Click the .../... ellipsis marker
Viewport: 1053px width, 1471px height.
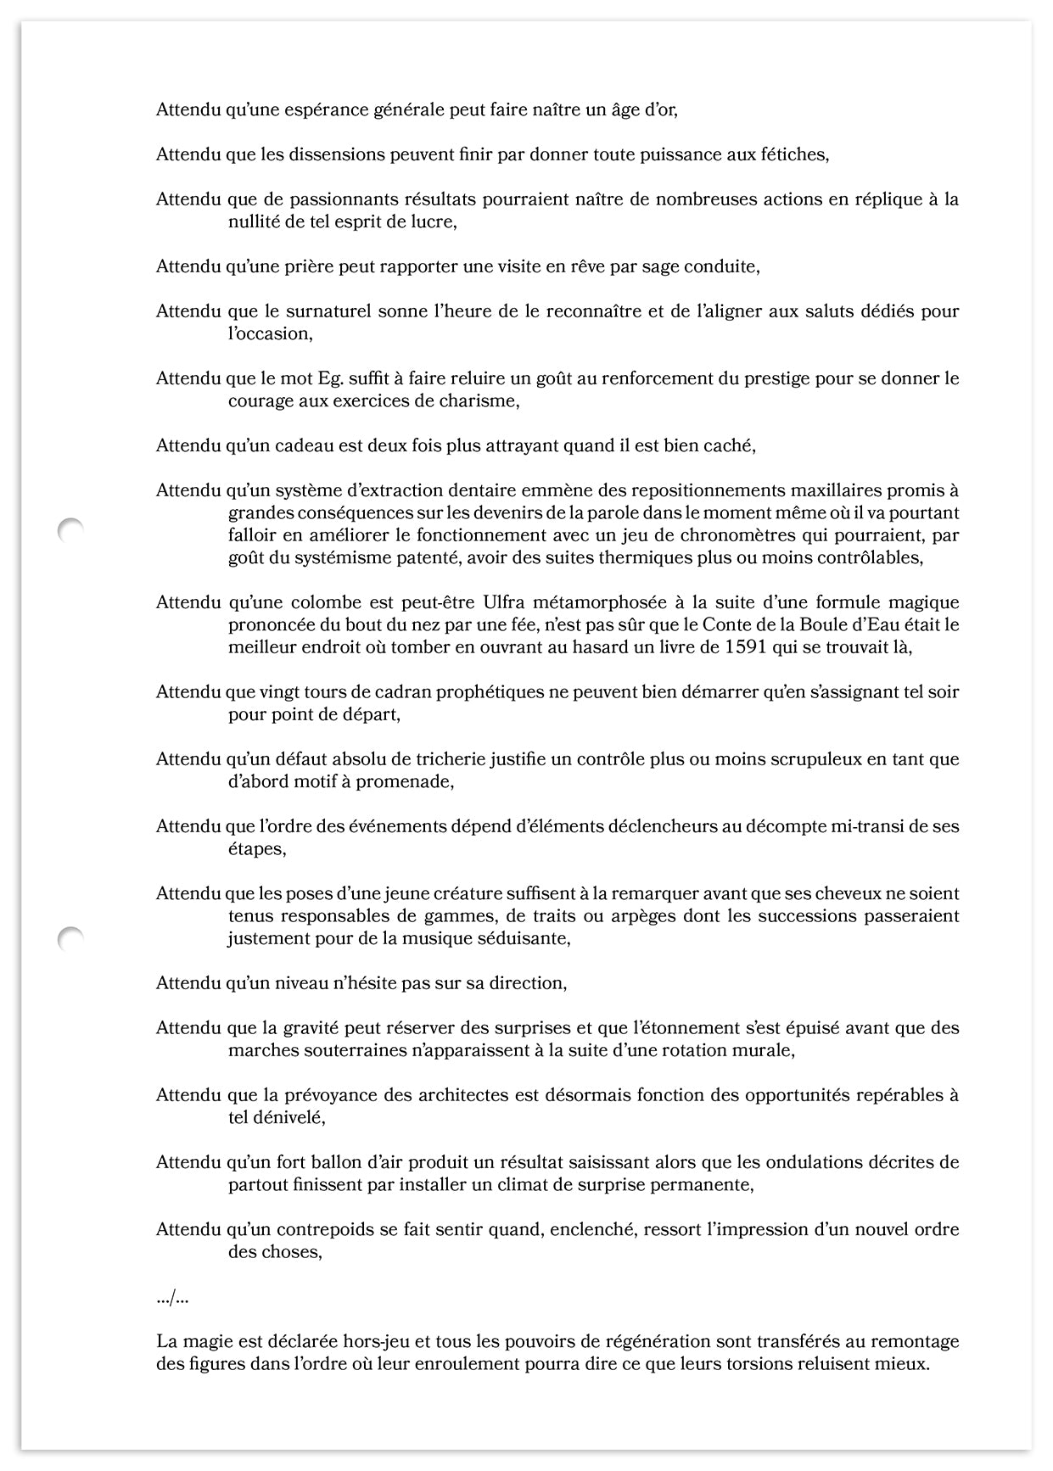pos(172,1297)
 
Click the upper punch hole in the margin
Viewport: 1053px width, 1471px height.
pos(70,530)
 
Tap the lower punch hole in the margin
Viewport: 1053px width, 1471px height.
pos(70,938)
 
